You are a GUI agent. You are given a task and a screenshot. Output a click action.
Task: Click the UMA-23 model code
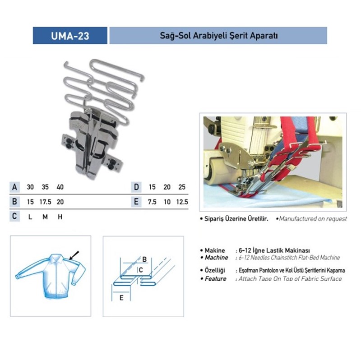coord(70,36)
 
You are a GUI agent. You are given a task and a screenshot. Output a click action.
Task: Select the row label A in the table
coord(14,187)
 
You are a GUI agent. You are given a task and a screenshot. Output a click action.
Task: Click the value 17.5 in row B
coord(45,202)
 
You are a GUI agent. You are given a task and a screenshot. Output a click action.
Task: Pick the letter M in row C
coord(45,217)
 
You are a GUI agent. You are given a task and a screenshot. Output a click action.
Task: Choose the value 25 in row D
coord(182,187)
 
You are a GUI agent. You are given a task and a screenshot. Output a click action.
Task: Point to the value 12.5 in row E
coord(182,202)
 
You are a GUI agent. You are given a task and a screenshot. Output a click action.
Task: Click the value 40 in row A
coord(60,187)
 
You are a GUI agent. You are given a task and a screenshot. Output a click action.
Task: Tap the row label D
coord(136,187)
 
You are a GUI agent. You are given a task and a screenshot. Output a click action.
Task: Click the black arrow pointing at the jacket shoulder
coord(74,255)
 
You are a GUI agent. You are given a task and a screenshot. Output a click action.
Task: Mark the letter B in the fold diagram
coord(144,259)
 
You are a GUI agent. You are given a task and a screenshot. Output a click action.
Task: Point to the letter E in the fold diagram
coord(121,298)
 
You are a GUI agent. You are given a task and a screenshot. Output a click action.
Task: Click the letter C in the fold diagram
coord(141,270)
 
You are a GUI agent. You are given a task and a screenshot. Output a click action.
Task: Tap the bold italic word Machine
coord(217,257)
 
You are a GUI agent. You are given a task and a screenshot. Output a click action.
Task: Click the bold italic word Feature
coord(216,279)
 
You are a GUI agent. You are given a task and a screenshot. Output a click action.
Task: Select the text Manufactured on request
coord(313,219)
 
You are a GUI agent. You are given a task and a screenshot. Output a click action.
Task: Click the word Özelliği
coord(215,270)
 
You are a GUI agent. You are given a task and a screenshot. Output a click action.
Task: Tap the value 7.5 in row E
coord(152,202)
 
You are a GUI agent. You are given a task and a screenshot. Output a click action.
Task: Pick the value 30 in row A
coord(30,187)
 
